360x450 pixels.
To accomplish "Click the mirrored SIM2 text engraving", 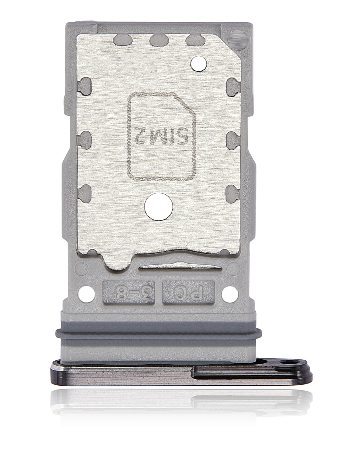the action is click(x=161, y=136).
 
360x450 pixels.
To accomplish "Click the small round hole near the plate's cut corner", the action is click(x=199, y=64).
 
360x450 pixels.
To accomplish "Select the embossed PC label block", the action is click(x=188, y=292).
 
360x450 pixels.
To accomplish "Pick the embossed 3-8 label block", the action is click(x=129, y=292).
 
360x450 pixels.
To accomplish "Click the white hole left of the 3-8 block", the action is click(x=86, y=294).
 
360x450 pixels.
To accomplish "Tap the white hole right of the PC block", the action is click(x=230, y=294).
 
